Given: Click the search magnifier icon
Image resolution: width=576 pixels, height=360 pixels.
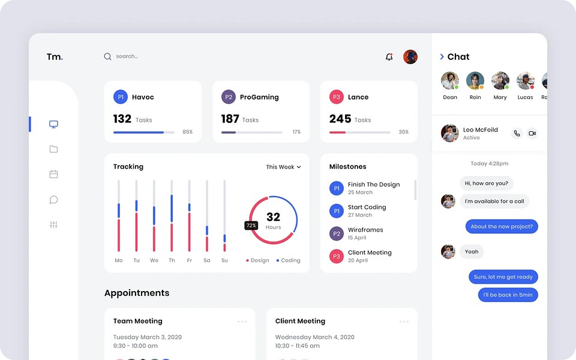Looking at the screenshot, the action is pos(107,56).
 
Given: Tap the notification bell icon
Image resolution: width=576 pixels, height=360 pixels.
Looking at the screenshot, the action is pos(389,56).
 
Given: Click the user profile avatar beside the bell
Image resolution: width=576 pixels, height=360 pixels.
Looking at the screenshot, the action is pos(410,57).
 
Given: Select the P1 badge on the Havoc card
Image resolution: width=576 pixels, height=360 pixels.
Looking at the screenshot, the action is pos(121,97).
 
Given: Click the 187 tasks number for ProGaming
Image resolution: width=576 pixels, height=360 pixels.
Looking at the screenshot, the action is pos(230,119).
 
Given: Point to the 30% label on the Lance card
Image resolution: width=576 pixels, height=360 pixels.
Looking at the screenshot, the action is pos(403,132).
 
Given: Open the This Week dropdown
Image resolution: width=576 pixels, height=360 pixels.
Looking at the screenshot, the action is pos(283,167).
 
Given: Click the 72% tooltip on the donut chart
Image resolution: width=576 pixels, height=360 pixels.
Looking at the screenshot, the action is pos(251,226).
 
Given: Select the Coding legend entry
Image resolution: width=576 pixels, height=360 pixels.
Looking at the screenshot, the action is pos(289,260).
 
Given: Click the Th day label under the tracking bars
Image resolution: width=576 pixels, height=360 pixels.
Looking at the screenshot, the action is pos(172,260).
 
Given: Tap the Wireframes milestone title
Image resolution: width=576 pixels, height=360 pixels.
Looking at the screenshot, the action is pos(365,230).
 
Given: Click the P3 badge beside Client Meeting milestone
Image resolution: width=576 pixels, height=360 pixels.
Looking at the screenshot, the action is pos(337,256).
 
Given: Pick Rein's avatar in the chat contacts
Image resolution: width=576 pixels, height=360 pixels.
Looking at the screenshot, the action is pos(475,81).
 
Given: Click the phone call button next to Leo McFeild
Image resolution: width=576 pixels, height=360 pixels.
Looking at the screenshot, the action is pos(517,133).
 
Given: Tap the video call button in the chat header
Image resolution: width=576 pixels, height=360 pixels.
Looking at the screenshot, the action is pos(532,133).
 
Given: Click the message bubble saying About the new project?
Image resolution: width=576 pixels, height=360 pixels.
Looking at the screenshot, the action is pos(502,226).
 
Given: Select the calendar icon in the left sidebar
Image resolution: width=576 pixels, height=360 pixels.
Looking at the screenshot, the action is pos(53,174).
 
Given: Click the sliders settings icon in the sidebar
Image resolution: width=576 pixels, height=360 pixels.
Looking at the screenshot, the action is pos(53,224).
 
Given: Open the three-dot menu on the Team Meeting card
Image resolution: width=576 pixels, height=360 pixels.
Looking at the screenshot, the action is pos(242,322).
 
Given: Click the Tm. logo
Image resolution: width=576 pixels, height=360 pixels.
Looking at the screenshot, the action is pos(55,56).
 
